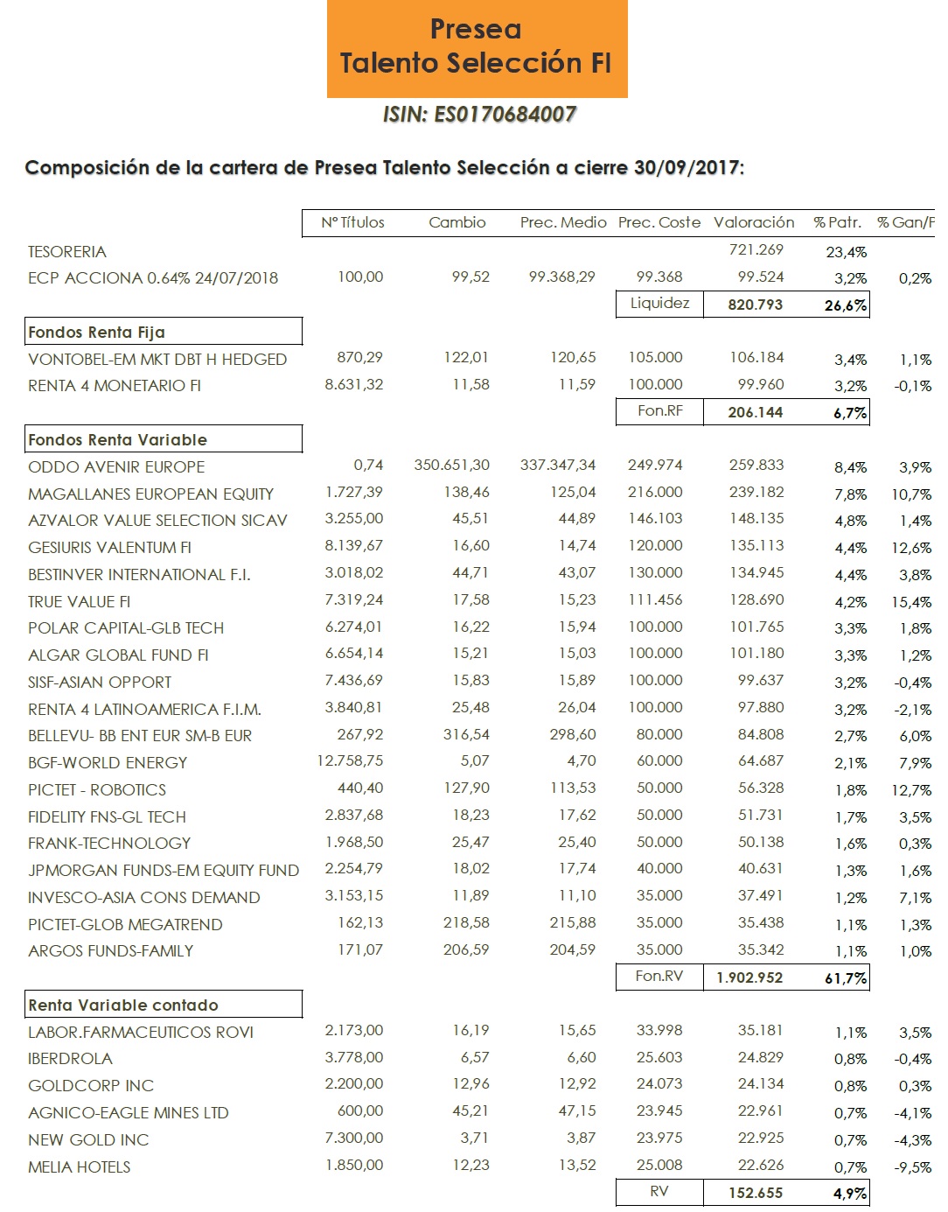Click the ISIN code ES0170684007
coord(479,115)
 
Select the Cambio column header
coord(457,222)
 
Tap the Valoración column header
coord(754,222)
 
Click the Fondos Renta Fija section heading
coord(97,332)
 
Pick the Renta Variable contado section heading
coord(123,1005)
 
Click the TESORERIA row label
coord(67,252)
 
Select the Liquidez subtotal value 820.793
coord(756,305)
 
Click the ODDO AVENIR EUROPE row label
coord(116,467)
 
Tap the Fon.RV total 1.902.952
coord(749,977)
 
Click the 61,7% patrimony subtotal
coord(846,978)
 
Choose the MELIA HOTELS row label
coord(80,1167)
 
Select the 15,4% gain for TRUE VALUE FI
coord(911,602)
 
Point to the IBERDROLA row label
coord(70,1059)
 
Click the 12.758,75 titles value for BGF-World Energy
coord(350,761)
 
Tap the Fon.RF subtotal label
coord(659,410)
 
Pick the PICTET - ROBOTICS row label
coord(97,790)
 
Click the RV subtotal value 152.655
coord(756,1193)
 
